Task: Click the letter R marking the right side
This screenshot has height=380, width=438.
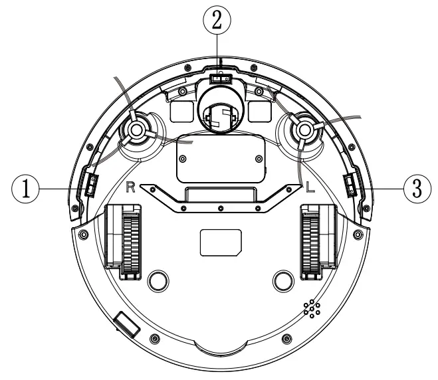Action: click(131, 187)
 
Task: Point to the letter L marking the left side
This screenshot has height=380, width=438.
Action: click(310, 187)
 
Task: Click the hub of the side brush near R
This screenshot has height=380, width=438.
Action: click(136, 128)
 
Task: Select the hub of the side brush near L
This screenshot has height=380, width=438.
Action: click(304, 128)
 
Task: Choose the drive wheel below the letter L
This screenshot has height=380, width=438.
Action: click(311, 240)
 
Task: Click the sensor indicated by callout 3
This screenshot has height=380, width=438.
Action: click(348, 185)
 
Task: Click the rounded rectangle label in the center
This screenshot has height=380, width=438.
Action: click(219, 244)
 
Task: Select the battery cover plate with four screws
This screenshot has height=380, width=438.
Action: click(220, 160)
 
